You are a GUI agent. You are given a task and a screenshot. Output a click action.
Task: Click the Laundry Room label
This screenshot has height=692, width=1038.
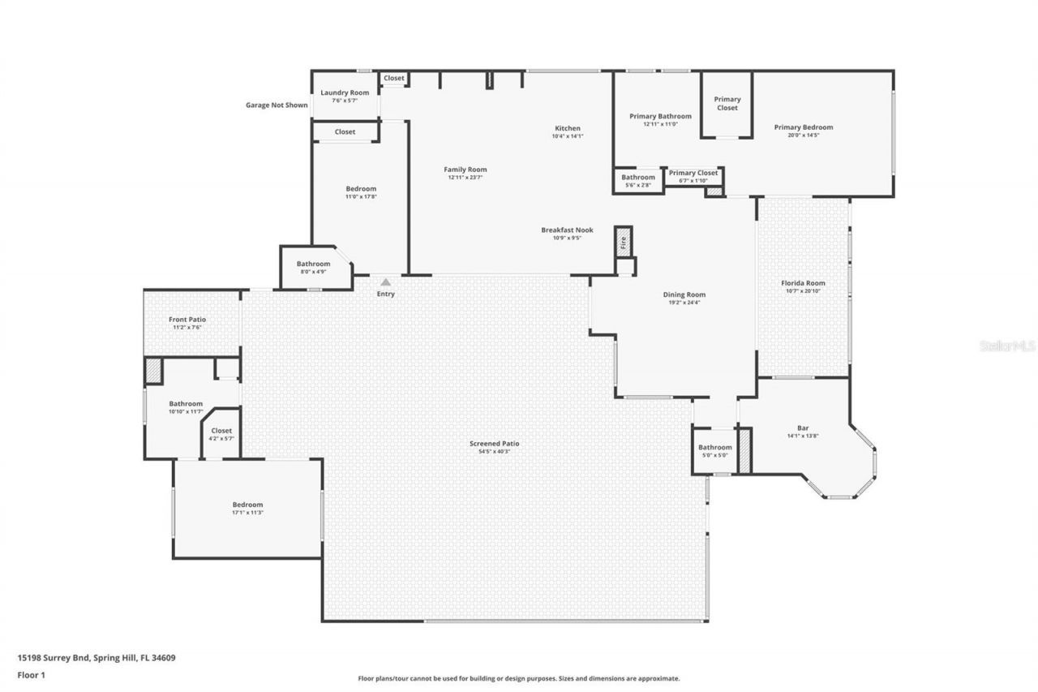click(345, 92)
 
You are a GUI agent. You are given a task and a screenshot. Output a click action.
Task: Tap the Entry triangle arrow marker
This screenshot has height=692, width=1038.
click(386, 282)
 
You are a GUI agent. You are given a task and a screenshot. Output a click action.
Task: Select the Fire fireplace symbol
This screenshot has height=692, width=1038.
click(623, 242)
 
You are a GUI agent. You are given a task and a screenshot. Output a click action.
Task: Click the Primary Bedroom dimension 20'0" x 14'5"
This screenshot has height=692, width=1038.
click(803, 135)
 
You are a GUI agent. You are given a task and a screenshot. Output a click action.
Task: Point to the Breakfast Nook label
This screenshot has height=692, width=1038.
click(567, 230)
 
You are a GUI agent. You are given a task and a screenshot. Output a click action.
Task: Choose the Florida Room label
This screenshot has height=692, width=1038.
click(803, 283)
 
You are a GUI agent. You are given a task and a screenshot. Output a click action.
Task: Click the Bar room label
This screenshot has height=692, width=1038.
click(803, 428)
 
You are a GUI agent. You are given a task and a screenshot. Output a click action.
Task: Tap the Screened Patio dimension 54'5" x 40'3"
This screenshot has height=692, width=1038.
click(494, 452)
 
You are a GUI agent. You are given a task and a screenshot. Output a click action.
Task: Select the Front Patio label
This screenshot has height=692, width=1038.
click(187, 320)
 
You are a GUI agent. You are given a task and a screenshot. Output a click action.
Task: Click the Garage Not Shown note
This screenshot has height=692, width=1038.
click(277, 105)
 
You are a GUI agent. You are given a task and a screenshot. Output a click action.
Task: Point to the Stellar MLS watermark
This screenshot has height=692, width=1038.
click(1007, 346)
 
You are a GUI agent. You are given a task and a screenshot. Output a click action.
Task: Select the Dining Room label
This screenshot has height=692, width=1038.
click(684, 294)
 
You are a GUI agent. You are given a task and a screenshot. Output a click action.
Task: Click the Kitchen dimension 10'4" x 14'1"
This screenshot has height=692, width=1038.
click(567, 136)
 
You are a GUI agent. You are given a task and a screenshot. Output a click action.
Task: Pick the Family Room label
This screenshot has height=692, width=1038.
click(465, 170)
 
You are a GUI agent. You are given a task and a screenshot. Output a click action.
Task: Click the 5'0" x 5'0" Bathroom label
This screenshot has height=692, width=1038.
click(715, 447)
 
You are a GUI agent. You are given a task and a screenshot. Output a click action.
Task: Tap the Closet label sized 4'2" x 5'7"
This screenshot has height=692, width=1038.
click(221, 431)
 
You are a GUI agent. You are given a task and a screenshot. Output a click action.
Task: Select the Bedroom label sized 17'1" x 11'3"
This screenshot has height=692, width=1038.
click(247, 505)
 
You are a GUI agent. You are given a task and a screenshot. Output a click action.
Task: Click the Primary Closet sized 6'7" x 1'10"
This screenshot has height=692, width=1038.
click(693, 173)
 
